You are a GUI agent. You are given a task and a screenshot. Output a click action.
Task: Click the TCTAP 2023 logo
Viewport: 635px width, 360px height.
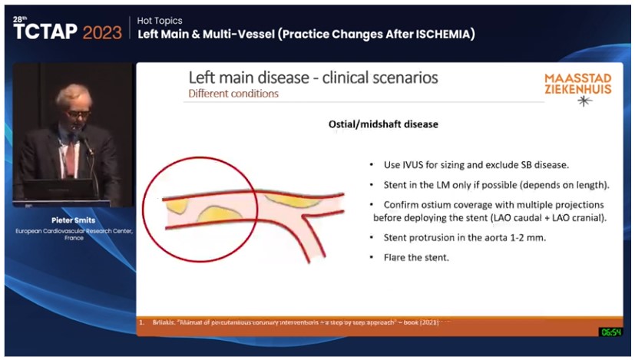point(68,31)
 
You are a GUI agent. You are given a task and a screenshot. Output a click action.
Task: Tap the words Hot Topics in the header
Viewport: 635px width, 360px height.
point(160,21)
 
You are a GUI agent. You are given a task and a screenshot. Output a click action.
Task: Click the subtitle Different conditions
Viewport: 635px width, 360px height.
point(233,94)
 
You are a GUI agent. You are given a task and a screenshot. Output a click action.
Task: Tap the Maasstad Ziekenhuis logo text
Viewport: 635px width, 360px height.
point(577,84)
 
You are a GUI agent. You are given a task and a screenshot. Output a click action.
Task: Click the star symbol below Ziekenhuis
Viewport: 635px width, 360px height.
point(584,101)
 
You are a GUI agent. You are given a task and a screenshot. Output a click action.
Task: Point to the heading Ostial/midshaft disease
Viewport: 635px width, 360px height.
point(372,124)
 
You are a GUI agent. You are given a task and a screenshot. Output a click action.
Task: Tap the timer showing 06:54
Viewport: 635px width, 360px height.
point(610,332)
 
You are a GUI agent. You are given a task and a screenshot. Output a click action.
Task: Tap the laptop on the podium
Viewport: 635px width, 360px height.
point(58,189)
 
